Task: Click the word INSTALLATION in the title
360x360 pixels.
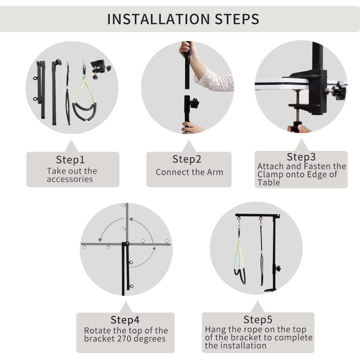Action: pyautogui.click(x=158, y=19)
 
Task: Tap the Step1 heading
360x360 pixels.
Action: pyautogui.click(x=70, y=159)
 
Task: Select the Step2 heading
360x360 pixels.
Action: pyautogui.click(x=186, y=159)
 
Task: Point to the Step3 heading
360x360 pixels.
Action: pyautogui.click(x=301, y=157)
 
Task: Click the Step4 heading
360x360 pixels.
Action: pyautogui.click(x=125, y=319)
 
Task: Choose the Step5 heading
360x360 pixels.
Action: pyautogui.click(x=258, y=319)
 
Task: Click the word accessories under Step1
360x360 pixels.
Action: pyautogui.click(x=70, y=179)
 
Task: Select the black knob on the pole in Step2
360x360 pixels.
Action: pyautogui.click(x=194, y=103)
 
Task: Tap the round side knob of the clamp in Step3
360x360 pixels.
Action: pyautogui.click(x=339, y=91)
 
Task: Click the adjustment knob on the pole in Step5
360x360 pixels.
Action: pyautogui.click(x=278, y=268)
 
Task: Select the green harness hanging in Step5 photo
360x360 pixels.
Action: pyautogui.click(x=239, y=259)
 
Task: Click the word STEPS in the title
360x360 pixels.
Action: pyautogui.click(x=237, y=19)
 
